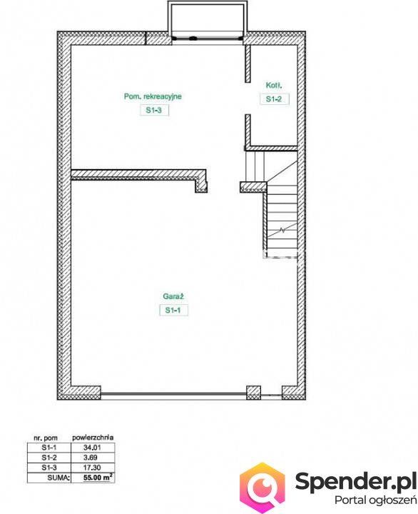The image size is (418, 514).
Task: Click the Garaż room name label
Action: pyautogui.click(x=173, y=296)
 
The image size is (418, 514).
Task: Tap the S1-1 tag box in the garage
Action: pyautogui.click(x=173, y=310)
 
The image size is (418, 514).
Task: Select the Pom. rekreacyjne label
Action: pyautogui.click(x=153, y=96)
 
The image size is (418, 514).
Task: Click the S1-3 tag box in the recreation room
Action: pyautogui.click(x=154, y=110)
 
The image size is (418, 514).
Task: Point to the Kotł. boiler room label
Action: pyautogui.click(x=274, y=85)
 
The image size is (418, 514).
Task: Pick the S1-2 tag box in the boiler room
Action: pyautogui.click(x=274, y=99)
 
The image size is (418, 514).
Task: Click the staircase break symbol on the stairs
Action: pyautogui.click(x=282, y=230)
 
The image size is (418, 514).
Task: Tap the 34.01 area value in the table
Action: pyautogui.click(x=92, y=448)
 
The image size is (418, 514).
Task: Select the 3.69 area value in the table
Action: pyautogui.click(x=90, y=458)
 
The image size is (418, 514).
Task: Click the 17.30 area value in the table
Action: pyautogui.click(x=92, y=468)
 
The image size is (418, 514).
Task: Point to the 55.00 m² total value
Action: pyautogui.click(x=98, y=478)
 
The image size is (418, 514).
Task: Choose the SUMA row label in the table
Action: pyautogui.click(x=58, y=478)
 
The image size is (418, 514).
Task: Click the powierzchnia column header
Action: pyautogui.click(x=93, y=438)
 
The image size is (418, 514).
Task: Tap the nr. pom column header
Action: pyautogui.click(x=46, y=438)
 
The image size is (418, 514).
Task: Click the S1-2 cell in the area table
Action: pyautogui.click(x=49, y=458)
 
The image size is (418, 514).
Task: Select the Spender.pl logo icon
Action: pyautogui.click(x=262, y=488)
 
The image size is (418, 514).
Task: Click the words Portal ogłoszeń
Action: pyautogui.click(x=375, y=500)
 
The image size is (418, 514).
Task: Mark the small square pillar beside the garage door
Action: pyautogui.click(x=253, y=393)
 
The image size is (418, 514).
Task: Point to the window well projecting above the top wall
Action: pyautogui.click(x=208, y=20)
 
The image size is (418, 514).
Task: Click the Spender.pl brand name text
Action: pyautogui.click(x=356, y=481)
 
